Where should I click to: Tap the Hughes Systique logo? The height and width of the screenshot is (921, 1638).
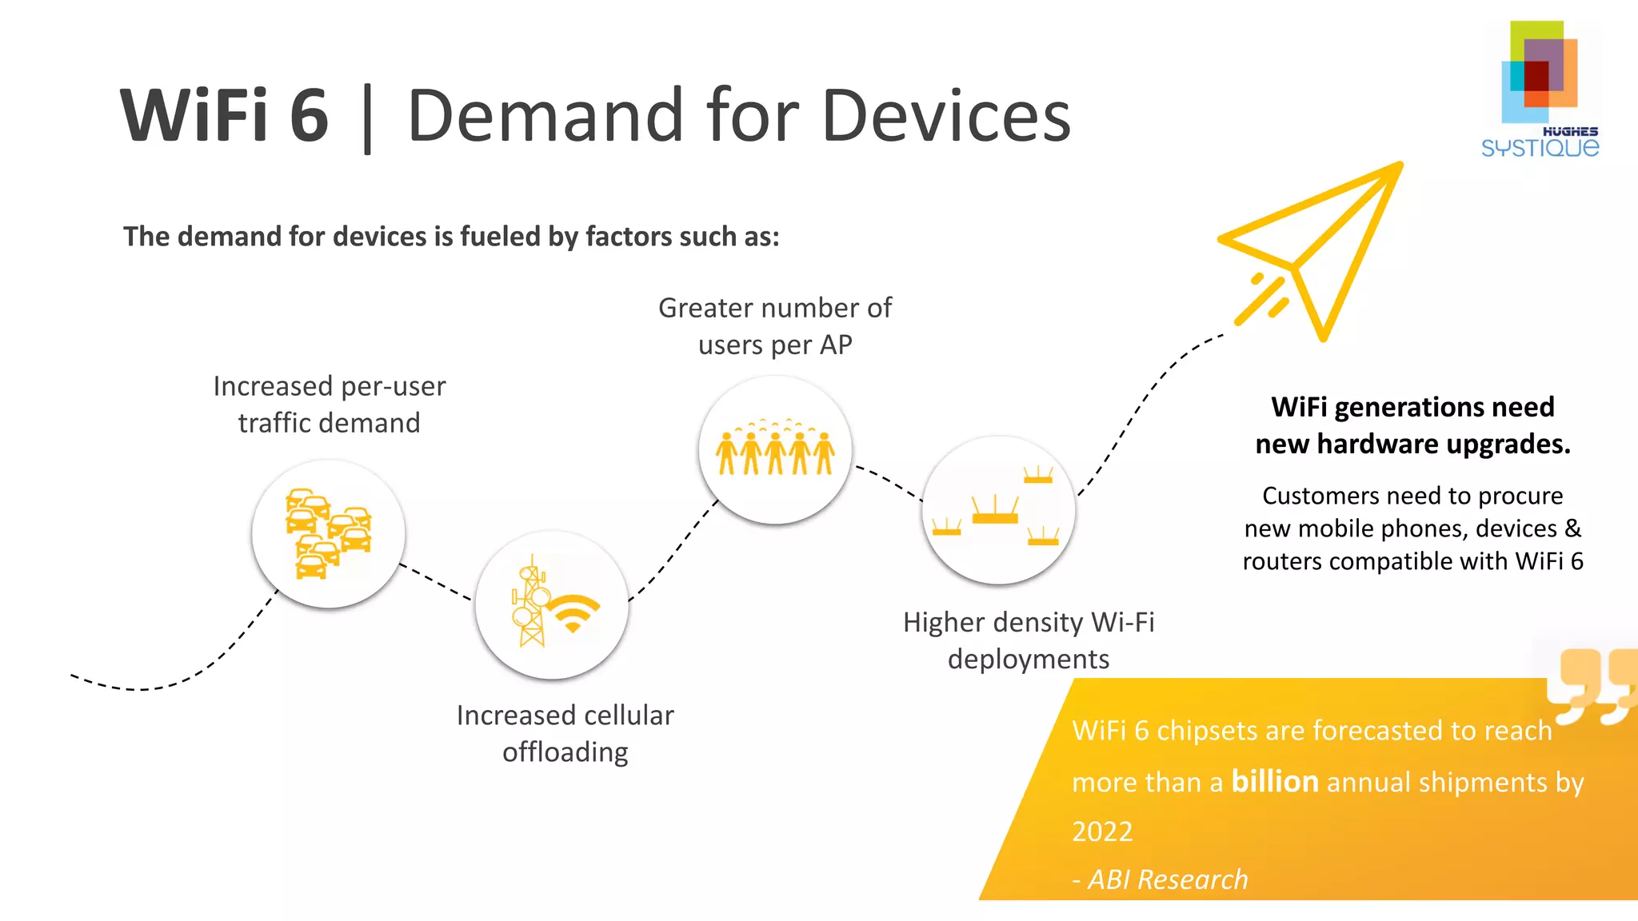coord(1540,88)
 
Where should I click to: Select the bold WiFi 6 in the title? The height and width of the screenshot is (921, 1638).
coord(225,117)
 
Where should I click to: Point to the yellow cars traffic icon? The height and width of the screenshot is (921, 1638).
coord(328,533)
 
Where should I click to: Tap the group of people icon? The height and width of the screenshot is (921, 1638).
coord(775,449)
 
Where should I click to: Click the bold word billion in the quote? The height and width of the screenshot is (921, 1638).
coord(1274,781)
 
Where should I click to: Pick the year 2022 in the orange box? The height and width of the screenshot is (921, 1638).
coord(1102,831)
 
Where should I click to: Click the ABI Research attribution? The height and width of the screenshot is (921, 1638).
coord(1160,879)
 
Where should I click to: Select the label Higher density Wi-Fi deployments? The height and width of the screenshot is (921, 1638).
coord(1029,640)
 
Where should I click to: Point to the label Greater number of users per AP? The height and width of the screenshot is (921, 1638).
coord(774,326)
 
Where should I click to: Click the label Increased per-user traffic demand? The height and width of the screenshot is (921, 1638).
coord(329,405)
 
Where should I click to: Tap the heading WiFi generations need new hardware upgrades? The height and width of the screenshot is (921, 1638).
coord(1412,425)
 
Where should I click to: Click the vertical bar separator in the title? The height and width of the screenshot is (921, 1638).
coord(367,118)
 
